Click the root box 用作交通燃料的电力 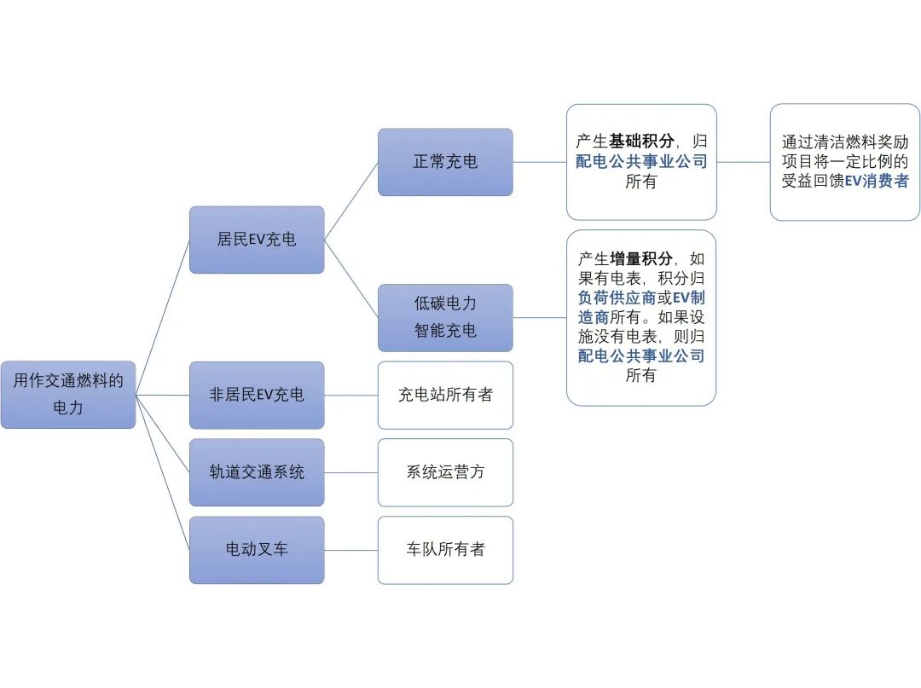click(68, 394)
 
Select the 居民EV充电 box click(257, 240)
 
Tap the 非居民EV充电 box click(257, 395)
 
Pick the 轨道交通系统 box click(257, 472)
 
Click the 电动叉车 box click(257, 550)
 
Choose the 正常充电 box click(445, 162)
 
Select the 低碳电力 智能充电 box click(445, 317)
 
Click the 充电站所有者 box click(445, 395)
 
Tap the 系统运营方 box click(445, 472)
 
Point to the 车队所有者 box click(445, 550)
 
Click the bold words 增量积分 click(641, 259)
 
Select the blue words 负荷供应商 click(617, 298)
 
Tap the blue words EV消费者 click(877, 181)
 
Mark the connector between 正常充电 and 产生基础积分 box click(540, 162)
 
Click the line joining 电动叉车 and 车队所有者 click(351, 550)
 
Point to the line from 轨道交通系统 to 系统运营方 click(351, 472)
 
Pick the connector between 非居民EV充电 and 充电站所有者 click(351, 395)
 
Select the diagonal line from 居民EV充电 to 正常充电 click(351, 200)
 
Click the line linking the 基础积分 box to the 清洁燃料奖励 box click(744, 162)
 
